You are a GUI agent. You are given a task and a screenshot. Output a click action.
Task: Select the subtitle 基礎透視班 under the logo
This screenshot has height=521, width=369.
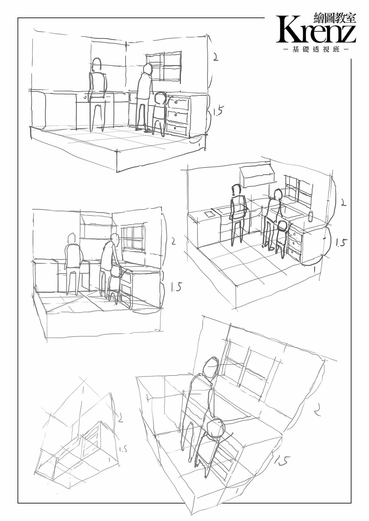click(316, 50)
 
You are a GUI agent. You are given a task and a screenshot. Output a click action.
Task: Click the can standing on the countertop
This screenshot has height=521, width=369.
click(311, 217)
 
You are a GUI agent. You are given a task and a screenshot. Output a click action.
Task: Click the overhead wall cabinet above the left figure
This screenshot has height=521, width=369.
click(258, 176)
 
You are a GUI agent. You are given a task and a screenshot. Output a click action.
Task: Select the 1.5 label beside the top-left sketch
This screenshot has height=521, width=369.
click(217, 111)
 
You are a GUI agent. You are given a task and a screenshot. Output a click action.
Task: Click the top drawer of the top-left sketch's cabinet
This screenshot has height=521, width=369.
click(178, 102)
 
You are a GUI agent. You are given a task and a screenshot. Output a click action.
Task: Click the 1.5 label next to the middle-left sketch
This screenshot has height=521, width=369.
click(176, 287)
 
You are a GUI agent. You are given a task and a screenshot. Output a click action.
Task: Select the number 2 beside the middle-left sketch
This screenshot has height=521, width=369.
click(173, 241)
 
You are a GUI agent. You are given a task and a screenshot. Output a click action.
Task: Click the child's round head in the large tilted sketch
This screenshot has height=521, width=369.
click(217, 428)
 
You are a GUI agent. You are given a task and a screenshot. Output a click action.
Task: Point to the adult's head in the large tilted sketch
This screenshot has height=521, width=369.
click(211, 368)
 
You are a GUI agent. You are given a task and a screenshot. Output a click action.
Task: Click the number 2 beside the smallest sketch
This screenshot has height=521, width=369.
click(120, 418)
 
